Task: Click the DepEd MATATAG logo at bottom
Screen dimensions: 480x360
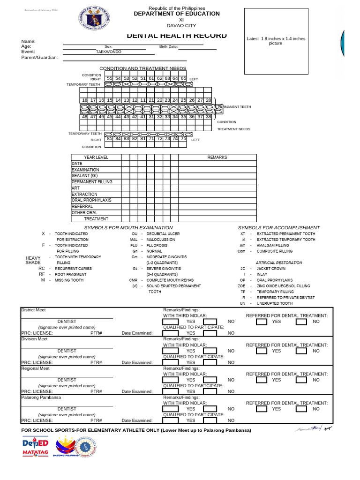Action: click(35, 447)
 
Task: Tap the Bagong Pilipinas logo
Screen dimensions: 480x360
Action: click(65, 447)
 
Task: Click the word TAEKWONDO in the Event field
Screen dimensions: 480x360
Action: click(108, 52)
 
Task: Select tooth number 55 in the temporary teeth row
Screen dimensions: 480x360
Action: click(109, 78)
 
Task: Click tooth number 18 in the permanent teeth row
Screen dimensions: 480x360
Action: click(84, 100)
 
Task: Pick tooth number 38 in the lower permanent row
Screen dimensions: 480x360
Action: click(209, 117)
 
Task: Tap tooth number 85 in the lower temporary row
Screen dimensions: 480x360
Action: click(109, 138)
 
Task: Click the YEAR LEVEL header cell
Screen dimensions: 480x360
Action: click(96, 157)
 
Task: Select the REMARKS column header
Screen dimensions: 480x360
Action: click(217, 157)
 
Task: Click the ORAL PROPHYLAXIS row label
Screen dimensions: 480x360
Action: click(91, 200)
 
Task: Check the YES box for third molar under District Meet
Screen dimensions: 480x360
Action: click(171, 322)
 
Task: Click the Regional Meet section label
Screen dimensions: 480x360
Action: click(36, 368)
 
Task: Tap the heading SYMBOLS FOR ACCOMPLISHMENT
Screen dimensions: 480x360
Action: click(278, 227)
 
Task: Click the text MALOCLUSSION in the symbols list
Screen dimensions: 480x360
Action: click(161, 240)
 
